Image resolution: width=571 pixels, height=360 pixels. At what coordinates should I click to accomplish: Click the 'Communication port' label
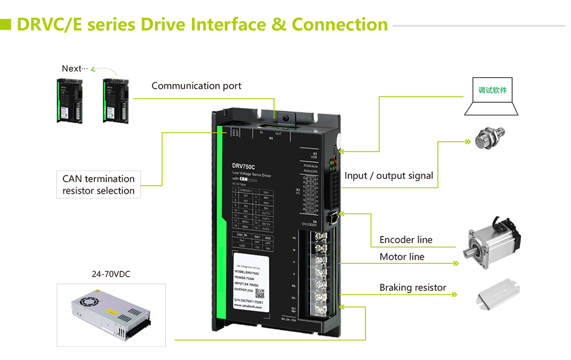[196, 86]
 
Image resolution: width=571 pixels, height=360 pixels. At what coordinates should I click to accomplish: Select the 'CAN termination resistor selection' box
[98, 185]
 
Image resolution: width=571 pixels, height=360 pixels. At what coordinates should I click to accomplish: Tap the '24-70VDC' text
[111, 274]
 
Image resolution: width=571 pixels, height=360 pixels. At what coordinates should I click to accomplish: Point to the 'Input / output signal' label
[388, 176]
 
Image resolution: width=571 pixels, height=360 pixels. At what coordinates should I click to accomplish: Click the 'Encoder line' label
[405, 240]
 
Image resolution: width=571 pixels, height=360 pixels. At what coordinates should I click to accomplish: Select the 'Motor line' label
[401, 257]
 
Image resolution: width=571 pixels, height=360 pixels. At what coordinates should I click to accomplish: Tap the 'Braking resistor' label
[412, 287]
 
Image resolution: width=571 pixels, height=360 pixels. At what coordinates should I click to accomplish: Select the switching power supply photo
[111, 314]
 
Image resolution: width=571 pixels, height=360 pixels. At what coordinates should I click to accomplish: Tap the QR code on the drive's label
[259, 294]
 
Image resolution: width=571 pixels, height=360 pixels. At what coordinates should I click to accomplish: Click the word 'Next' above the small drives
[71, 69]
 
